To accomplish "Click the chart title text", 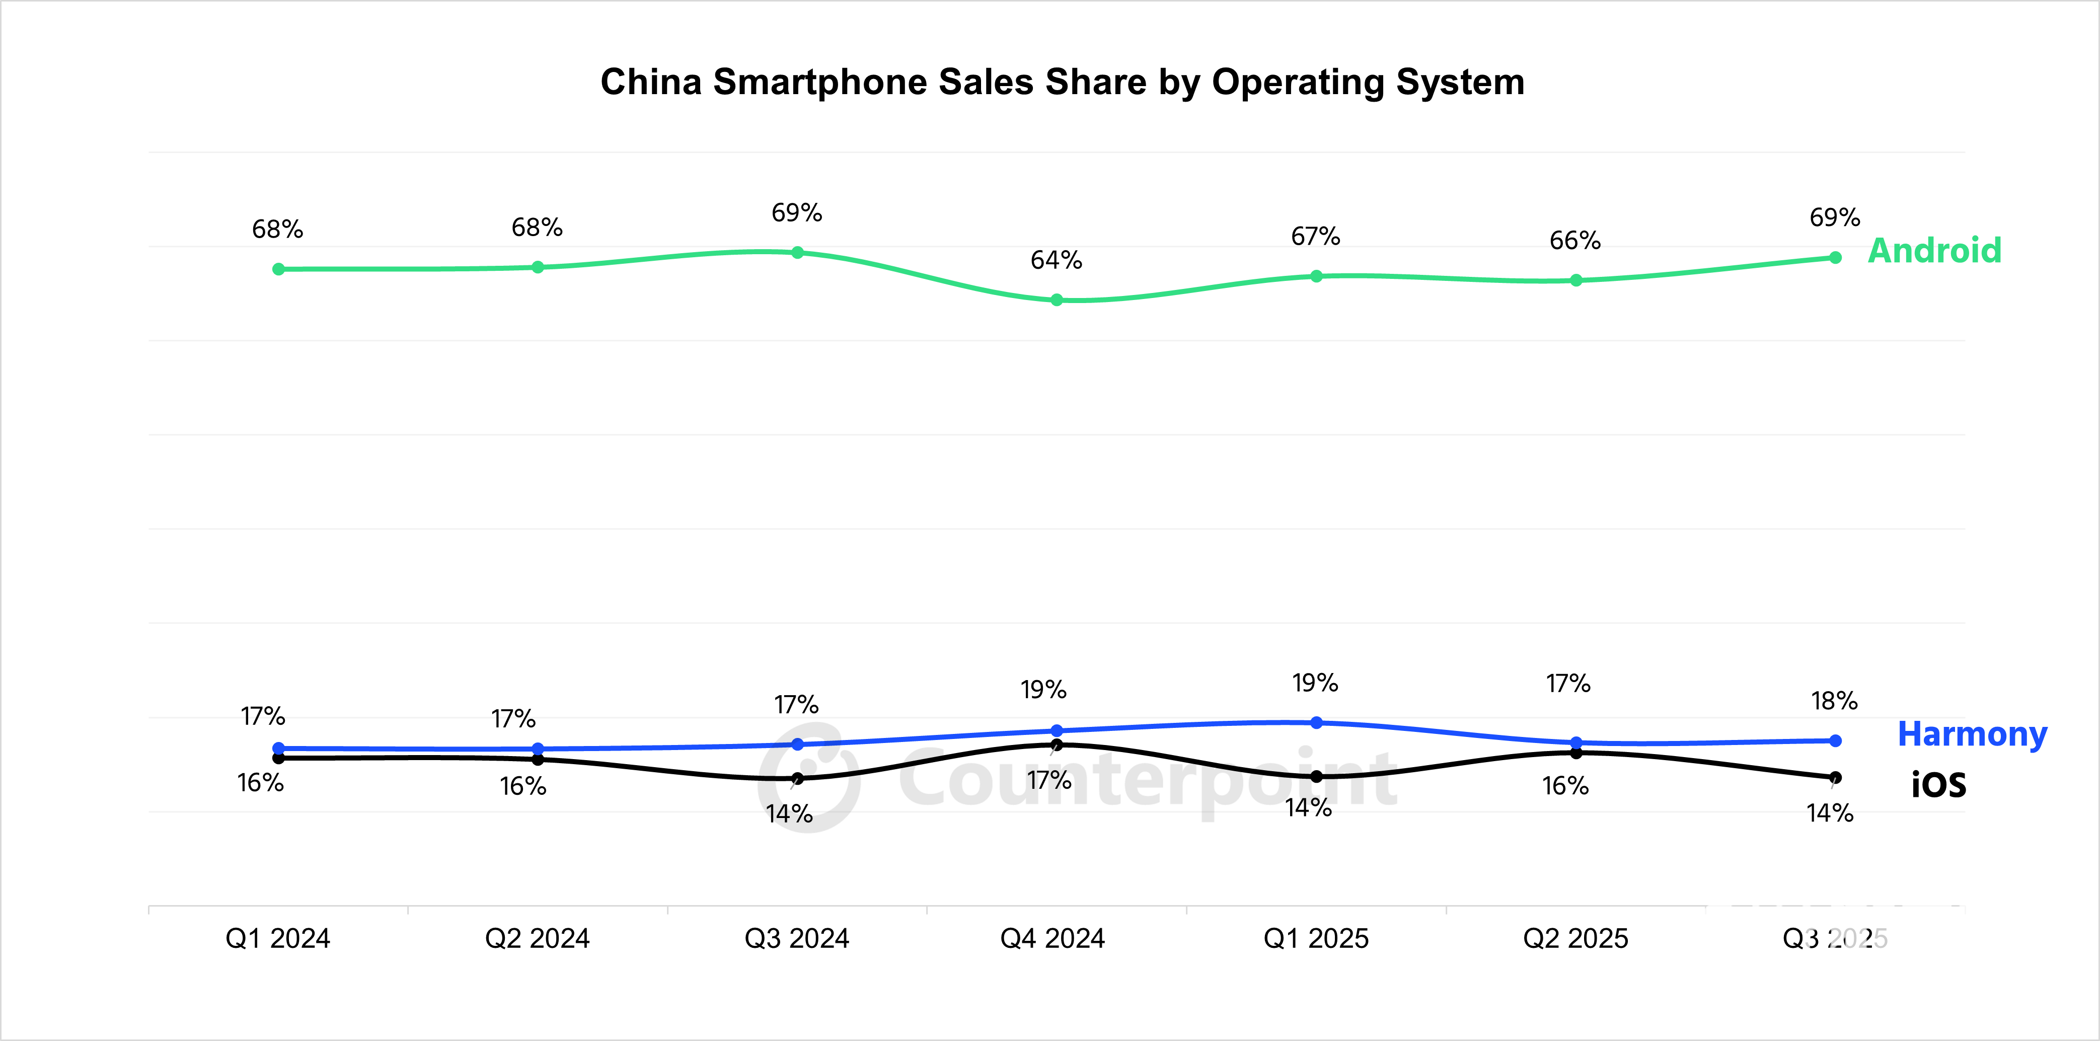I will (x=1062, y=83).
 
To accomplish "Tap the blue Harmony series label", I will (x=1972, y=734).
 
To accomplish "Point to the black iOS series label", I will (x=1938, y=785).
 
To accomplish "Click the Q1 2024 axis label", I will (x=278, y=938).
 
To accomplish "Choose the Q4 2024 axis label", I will (x=1053, y=938).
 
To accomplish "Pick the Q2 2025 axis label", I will (x=1575, y=938).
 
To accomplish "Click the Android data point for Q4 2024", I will (x=1057, y=300).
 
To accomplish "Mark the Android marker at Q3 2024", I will (x=797, y=253).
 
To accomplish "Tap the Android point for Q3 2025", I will (x=1835, y=258).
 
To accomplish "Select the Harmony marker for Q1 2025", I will (x=1317, y=722).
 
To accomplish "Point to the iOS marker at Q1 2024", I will (x=279, y=758).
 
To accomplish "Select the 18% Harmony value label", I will (x=1834, y=701).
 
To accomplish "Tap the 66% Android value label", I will (x=1575, y=241).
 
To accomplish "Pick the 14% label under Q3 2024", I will (x=789, y=813).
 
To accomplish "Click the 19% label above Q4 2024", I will (x=1043, y=690).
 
